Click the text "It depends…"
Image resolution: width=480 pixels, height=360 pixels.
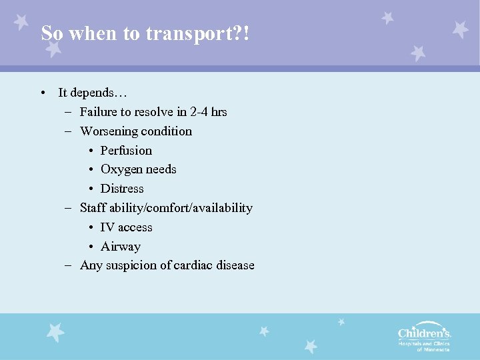[93, 93]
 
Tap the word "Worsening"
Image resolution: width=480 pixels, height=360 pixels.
[109, 131]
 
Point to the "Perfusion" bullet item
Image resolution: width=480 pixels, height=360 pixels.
[126, 151]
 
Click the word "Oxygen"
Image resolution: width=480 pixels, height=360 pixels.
[121, 169]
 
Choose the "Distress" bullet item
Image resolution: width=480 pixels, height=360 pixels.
[122, 189]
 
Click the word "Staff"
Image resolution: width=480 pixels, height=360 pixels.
[92, 208]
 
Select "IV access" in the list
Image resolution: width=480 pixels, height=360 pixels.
[126, 227]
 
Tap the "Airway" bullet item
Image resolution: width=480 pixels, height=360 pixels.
[121, 247]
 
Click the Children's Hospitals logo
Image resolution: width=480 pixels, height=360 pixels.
[424, 337]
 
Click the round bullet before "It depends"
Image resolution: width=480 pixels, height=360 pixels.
[42, 93]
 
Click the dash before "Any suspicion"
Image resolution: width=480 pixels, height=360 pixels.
[69, 265]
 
